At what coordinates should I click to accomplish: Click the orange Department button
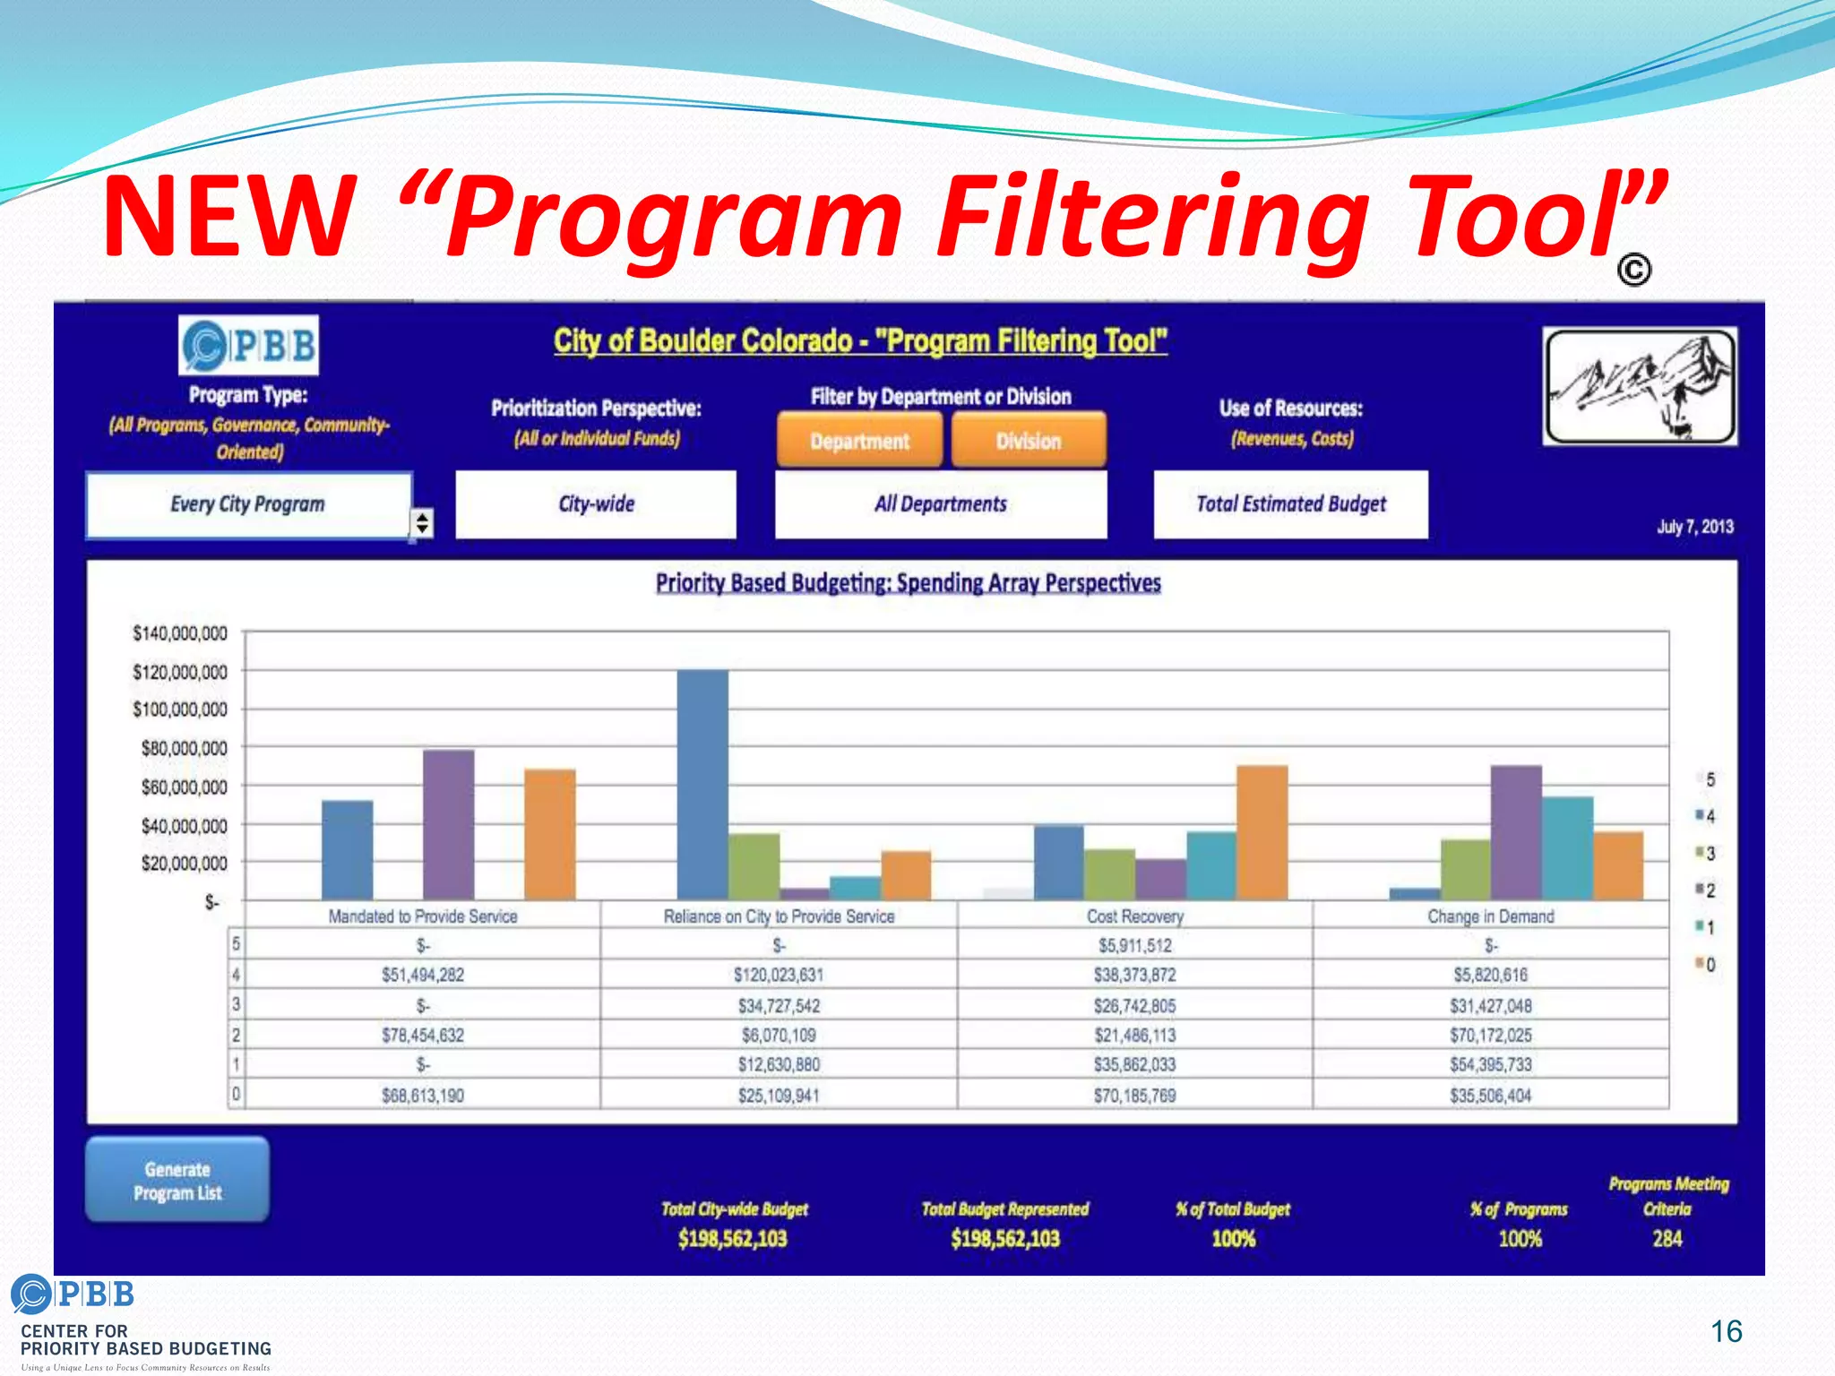pyautogui.click(x=859, y=440)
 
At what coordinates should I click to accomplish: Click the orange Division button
pyautogui.click(x=1029, y=440)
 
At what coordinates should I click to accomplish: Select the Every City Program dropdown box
pyautogui.click(x=248, y=504)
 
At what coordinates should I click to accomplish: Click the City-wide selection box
pyautogui.click(x=596, y=504)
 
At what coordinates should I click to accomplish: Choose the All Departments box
pyautogui.click(x=941, y=504)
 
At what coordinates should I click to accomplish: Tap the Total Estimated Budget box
pyautogui.click(x=1290, y=504)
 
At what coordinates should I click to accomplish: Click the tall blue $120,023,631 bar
pyautogui.click(x=702, y=784)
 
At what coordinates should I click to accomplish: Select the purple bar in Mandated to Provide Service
pyautogui.click(x=448, y=824)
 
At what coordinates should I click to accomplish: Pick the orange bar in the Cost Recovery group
pyautogui.click(x=1262, y=832)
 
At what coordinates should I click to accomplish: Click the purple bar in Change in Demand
pyautogui.click(x=1516, y=832)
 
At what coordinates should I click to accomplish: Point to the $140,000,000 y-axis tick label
pyautogui.click(x=180, y=633)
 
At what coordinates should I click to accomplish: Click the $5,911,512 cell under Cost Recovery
pyautogui.click(x=1134, y=945)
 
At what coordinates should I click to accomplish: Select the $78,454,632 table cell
pyautogui.click(x=423, y=1035)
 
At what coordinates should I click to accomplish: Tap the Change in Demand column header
pyautogui.click(x=1490, y=916)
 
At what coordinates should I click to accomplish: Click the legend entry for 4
pyautogui.click(x=1706, y=816)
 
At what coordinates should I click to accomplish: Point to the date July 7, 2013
pyautogui.click(x=1694, y=527)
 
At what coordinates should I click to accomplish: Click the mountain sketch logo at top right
pyautogui.click(x=1640, y=386)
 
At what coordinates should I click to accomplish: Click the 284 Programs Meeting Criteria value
pyautogui.click(x=1667, y=1239)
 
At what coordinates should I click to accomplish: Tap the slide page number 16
pyautogui.click(x=1726, y=1331)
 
